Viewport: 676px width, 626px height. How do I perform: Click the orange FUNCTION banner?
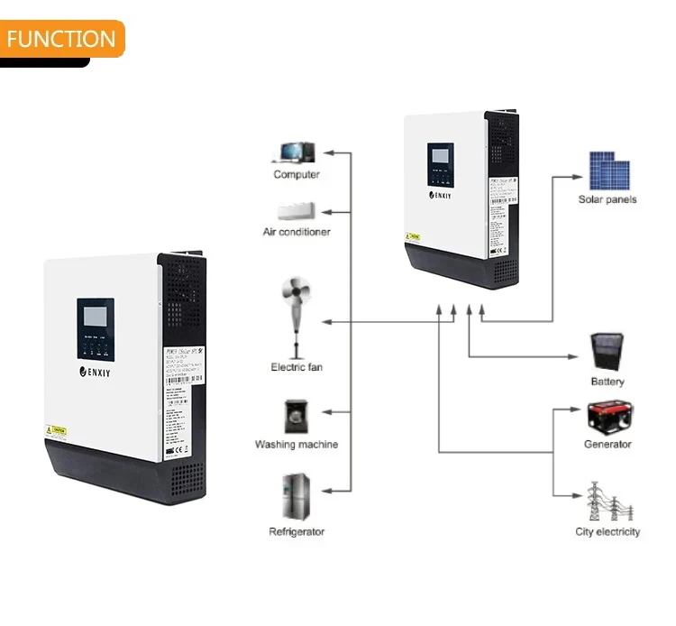61,39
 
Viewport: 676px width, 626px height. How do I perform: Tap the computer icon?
296,151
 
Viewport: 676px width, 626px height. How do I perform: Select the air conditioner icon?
296,212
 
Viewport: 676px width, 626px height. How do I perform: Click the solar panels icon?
608,170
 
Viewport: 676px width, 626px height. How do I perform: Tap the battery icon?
607,352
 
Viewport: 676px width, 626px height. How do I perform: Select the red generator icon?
607,418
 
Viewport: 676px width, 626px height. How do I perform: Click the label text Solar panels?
607,199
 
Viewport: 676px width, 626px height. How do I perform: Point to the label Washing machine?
297,445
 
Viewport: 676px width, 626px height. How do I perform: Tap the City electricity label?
607,532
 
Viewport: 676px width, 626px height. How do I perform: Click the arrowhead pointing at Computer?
327,152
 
